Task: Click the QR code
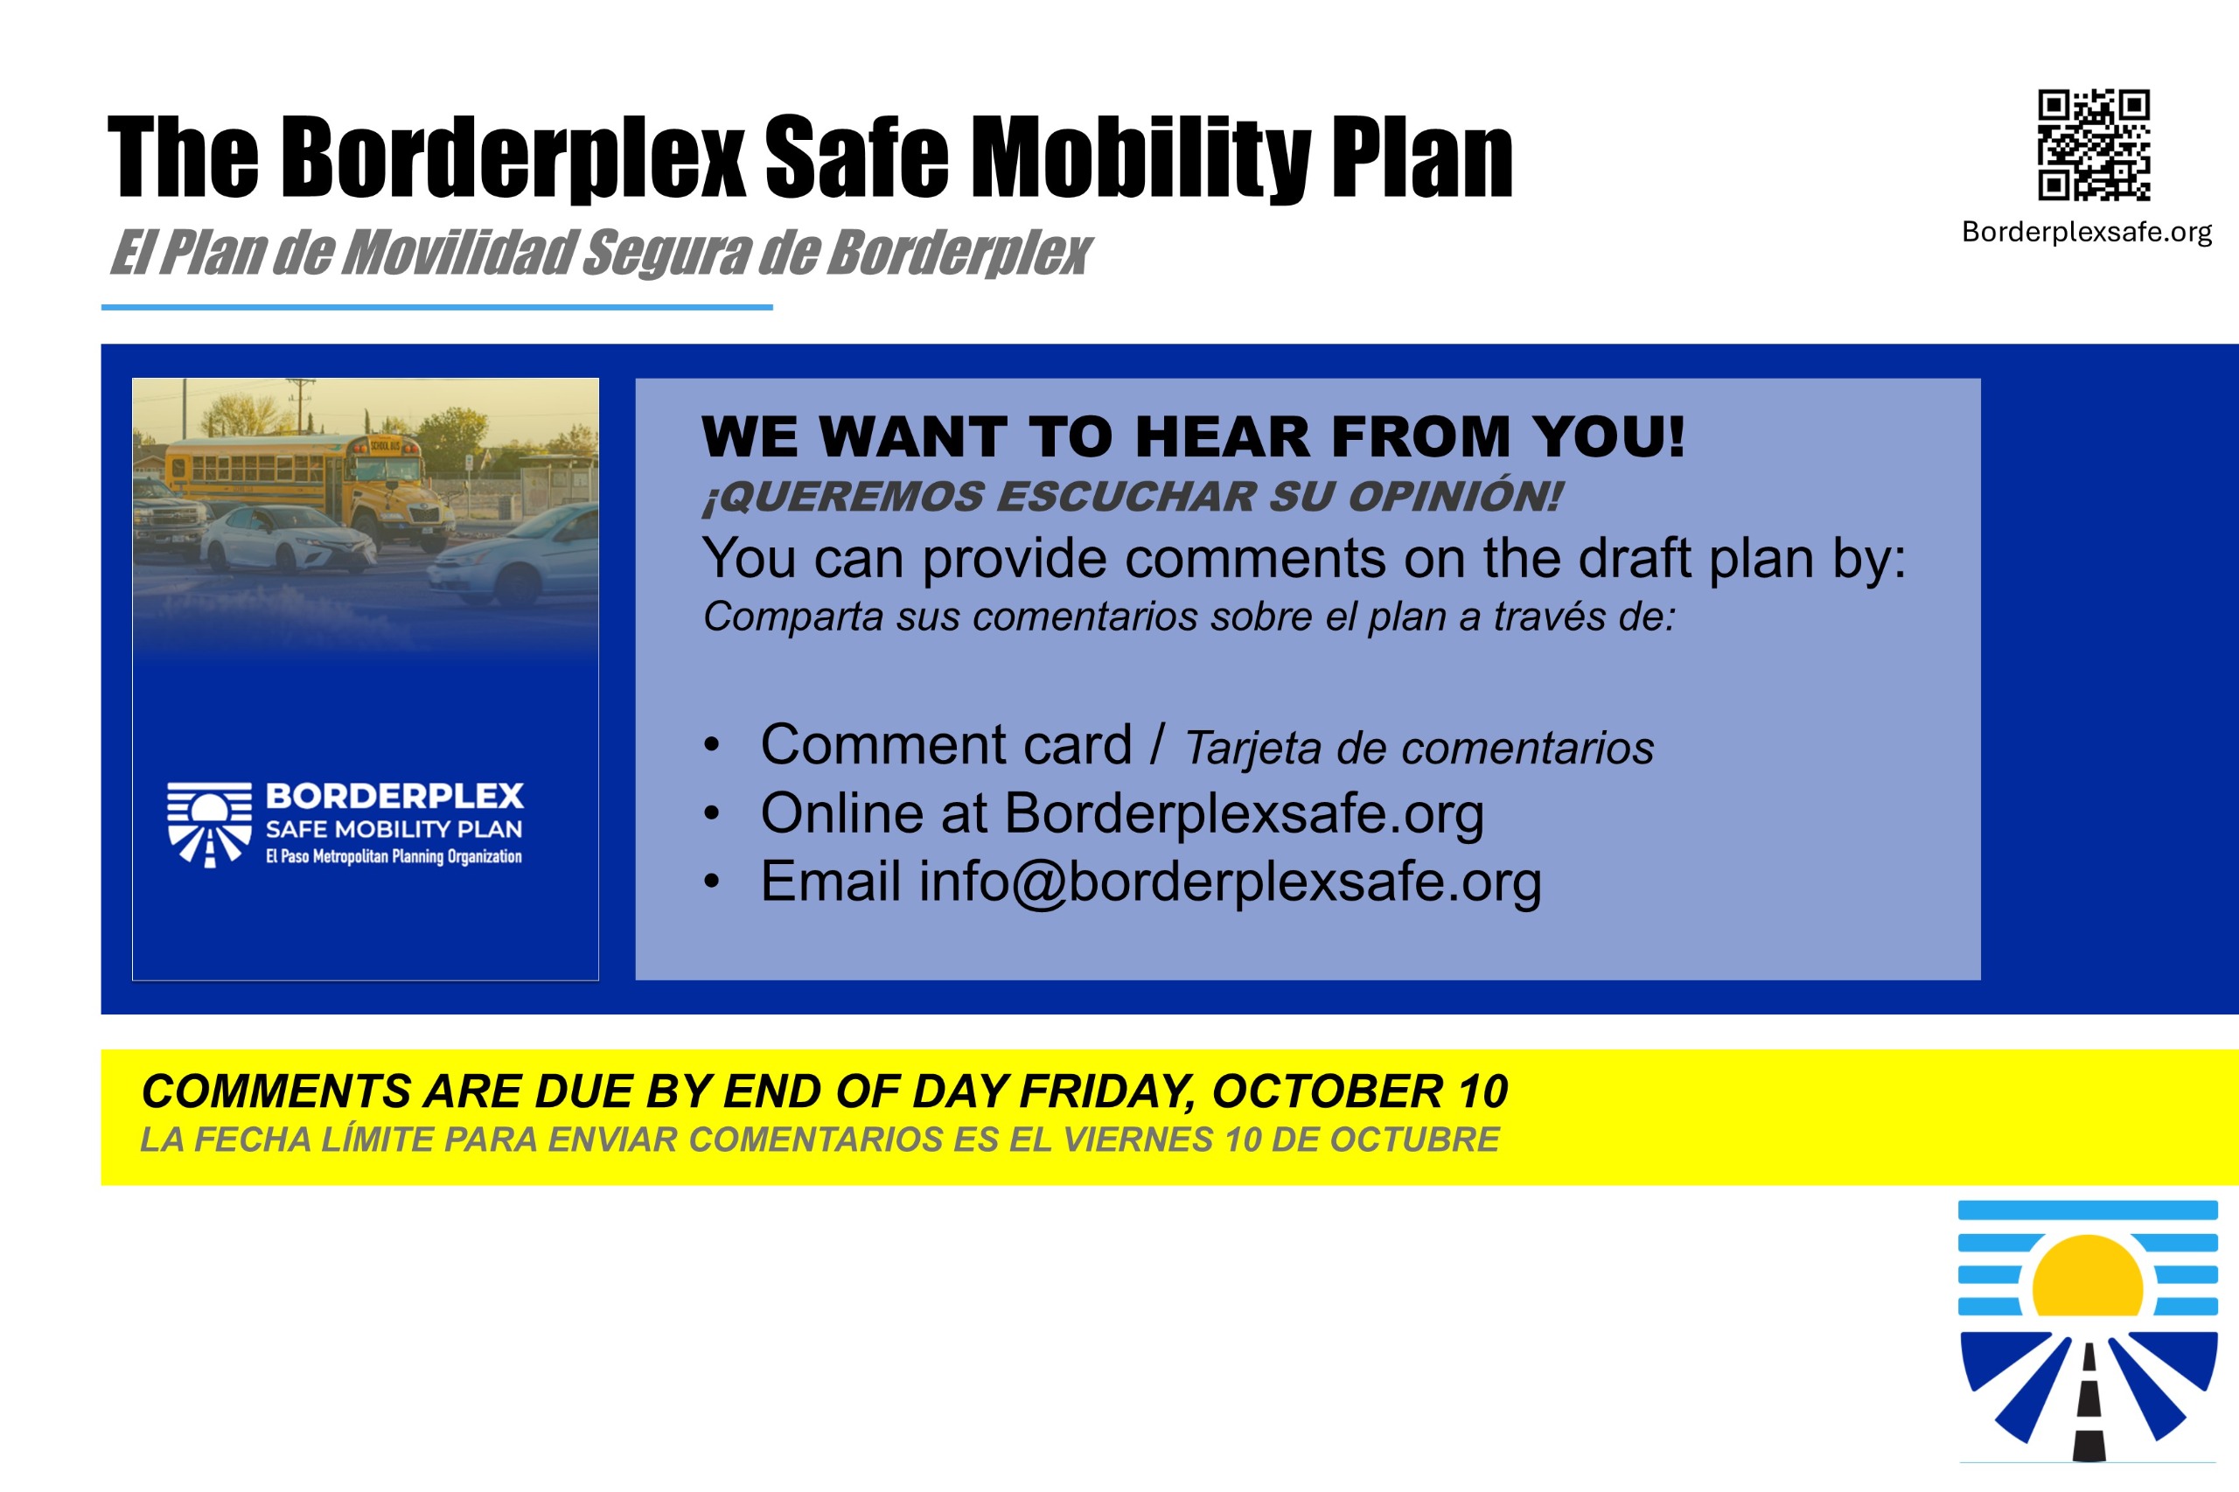(x=2094, y=144)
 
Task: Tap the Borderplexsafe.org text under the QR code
(x=2087, y=232)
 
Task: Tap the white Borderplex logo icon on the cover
(x=209, y=824)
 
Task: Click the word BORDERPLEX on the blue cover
(x=394, y=796)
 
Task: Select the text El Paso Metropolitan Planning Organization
(x=394, y=856)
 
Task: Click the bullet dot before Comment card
(x=712, y=745)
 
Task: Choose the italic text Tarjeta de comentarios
(x=1419, y=748)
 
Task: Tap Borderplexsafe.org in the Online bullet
(x=1244, y=814)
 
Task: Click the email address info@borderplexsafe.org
(x=1230, y=882)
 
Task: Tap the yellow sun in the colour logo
(x=2088, y=1275)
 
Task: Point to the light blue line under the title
(x=436, y=307)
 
